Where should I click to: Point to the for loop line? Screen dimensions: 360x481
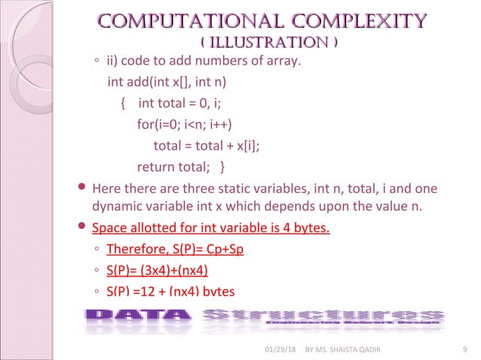coord(184,124)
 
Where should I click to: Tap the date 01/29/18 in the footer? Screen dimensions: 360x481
coord(280,348)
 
